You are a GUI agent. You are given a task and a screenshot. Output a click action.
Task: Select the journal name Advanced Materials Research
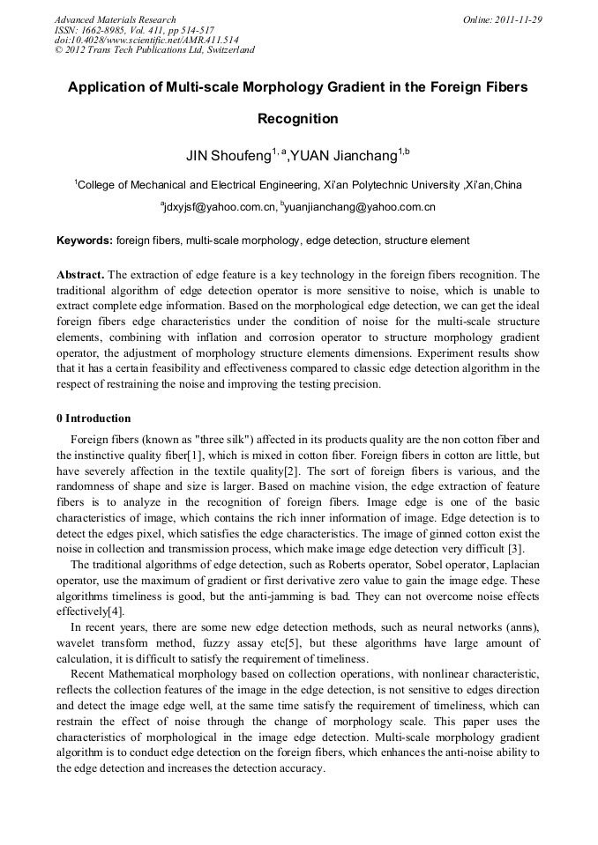pyautogui.click(x=115, y=19)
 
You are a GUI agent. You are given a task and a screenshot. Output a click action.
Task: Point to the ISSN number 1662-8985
pyautogui.click(x=110, y=29)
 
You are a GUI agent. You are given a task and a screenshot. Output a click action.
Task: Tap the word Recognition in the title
pyautogui.click(x=297, y=118)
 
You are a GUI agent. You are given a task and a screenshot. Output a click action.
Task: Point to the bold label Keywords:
pyautogui.click(x=85, y=240)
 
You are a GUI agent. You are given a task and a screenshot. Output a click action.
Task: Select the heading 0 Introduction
pyautogui.click(x=93, y=419)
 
